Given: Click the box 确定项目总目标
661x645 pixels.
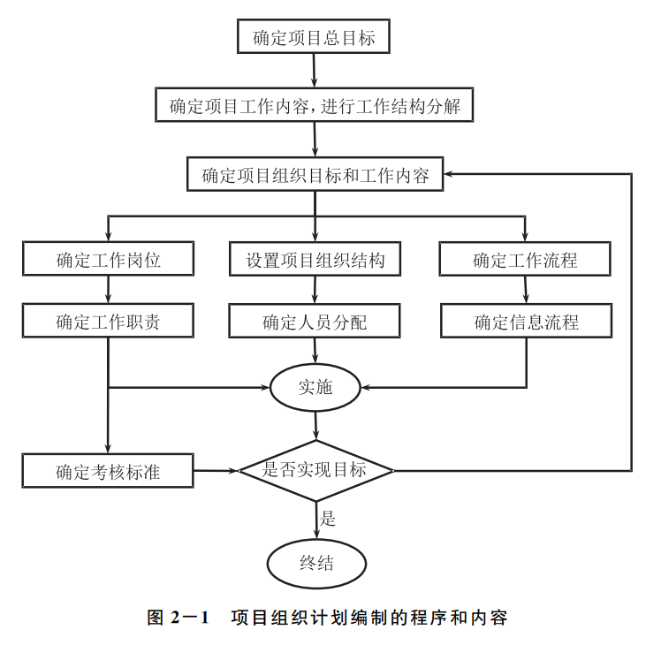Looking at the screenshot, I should (314, 36).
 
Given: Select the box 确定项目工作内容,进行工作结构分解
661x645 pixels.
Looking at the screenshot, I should (315, 106).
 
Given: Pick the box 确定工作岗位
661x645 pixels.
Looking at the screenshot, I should (108, 260).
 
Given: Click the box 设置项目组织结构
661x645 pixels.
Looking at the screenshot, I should (315, 260).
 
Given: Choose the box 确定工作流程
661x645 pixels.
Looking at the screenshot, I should (526, 260).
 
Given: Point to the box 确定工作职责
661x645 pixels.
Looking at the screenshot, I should (108, 321).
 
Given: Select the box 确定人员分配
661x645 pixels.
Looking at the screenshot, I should (315, 322).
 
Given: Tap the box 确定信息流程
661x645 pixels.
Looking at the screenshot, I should (526, 322).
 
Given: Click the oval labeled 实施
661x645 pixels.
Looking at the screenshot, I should (315, 387).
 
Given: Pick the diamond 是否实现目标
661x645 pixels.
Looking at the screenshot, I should (315, 470).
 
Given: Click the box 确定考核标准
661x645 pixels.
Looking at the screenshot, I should (108, 471).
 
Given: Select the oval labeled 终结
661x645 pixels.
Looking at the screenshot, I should (315, 562).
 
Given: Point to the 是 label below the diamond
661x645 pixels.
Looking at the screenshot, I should (328, 519).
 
